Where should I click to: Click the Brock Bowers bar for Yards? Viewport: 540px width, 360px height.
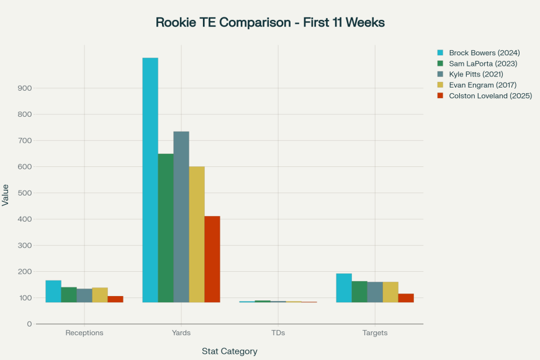pyautogui.click(x=150, y=180)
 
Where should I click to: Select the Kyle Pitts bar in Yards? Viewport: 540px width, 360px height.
pyautogui.click(x=181, y=217)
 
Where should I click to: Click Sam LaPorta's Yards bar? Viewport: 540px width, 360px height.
pyautogui.click(x=166, y=228)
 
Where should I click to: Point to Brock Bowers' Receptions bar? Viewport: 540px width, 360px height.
pyautogui.click(x=53, y=291)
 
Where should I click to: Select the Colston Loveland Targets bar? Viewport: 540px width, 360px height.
pyautogui.click(x=406, y=298)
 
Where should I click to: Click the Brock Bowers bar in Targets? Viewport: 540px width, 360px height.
pyautogui.click(x=344, y=288)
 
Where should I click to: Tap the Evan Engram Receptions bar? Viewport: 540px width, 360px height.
pyautogui.click(x=100, y=295)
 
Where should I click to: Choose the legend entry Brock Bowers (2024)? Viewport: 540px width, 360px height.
pyautogui.click(x=484, y=53)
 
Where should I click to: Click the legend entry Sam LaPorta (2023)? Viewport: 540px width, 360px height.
pyautogui.click(x=483, y=63)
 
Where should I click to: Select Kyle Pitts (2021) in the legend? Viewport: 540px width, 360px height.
pyautogui.click(x=476, y=74)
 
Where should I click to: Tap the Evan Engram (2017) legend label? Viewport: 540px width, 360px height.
pyautogui.click(x=482, y=84)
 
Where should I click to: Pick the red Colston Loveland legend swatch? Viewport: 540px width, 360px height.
pyautogui.click(x=441, y=96)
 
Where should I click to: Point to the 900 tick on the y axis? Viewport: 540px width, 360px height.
pyautogui.click(x=24, y=88)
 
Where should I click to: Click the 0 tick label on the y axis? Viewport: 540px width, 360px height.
pyautogui.click(x=29, y=324)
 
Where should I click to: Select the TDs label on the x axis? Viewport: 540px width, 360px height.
pyautogui.click(x=278, y=333)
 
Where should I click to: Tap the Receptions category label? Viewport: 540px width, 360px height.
pyautogui.click(x=84, y=333)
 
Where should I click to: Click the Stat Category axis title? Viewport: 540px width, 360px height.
pyautogui.click(x=230, y=351)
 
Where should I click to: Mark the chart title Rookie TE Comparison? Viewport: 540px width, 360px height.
pyautogui.click(x=270, y=22)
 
